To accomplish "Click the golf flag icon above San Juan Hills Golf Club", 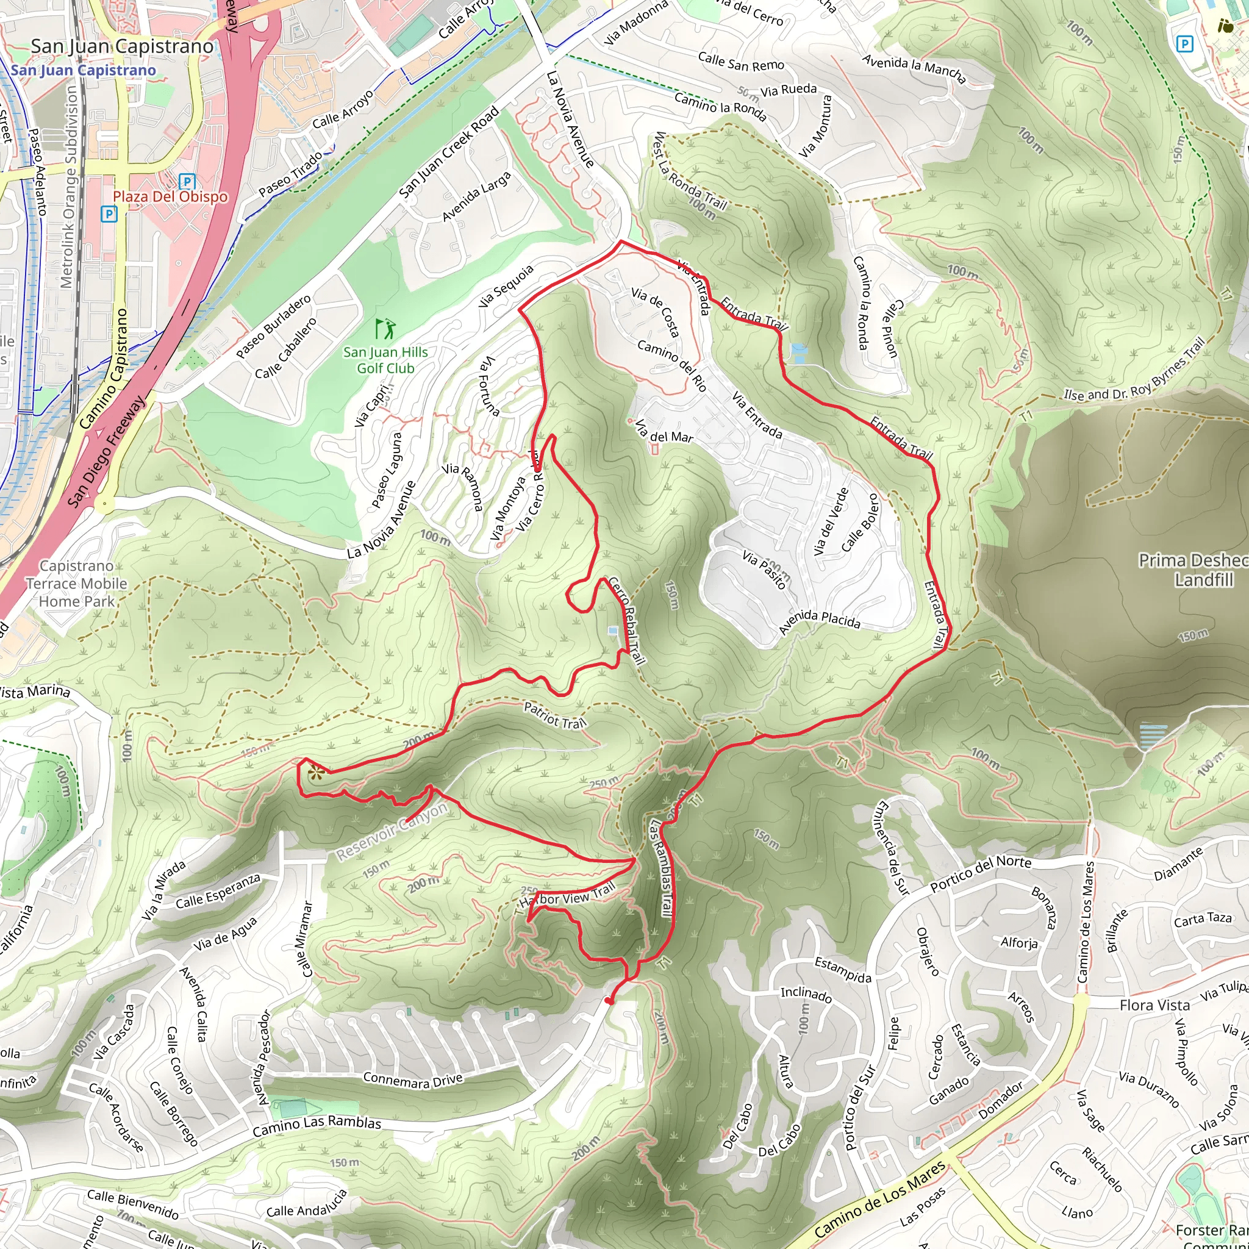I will point(386,329).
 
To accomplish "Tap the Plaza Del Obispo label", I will point(171,196).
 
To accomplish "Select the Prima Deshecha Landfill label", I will point(1194,570).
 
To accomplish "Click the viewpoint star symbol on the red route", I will point(315,772).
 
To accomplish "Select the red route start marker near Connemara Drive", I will point(607,1001).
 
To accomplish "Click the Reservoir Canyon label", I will point(392,832).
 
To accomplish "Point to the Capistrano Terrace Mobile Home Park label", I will point(76,584).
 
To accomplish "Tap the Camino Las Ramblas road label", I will point(317,1126).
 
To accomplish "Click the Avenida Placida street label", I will point(819,622).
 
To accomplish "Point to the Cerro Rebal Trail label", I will point(626,621).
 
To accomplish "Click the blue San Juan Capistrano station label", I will point(84,71).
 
